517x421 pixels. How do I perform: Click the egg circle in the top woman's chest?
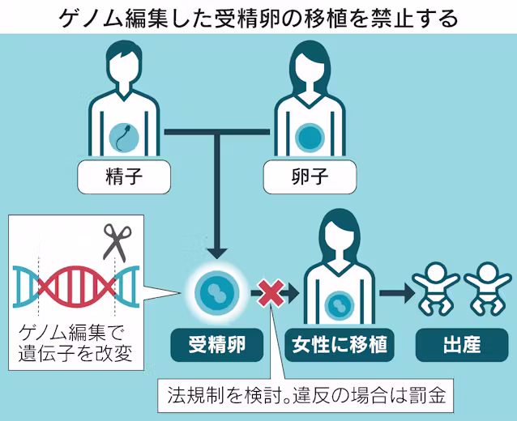pos(310,134)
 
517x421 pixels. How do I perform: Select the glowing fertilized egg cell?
pos(215,293)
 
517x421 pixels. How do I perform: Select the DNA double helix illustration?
pos(73,287)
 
